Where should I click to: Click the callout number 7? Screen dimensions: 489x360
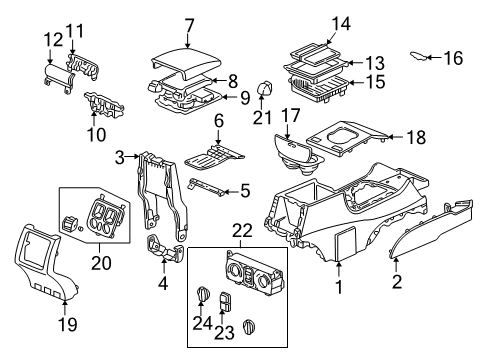pyautogui.click(x=189, y=26)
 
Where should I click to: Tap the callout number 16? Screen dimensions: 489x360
pyautogui.click(x=453, y=58)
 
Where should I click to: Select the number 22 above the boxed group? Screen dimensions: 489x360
pyautogui.click(x=242, y=230)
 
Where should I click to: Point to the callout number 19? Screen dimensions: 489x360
pyautogui.click(x=68, y=324)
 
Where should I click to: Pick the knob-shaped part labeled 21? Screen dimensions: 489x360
pyautogui.click(x=265, y=88)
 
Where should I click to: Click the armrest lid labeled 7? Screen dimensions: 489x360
pyautogui.click(x=187, y=63)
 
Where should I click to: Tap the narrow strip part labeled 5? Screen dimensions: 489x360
pyautogui.click(x=206, y=188)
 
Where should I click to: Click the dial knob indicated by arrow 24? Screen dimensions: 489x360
pyautogui.click(x=203, y=293)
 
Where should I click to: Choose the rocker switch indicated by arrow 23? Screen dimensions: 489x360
pyautogui.click(x=223, y=300)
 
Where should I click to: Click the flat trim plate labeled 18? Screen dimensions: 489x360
pyautogui.click(x=347, y=138)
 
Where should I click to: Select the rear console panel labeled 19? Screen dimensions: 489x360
pyautogui.click(x=46, y=262)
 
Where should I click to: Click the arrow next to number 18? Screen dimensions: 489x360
pyautogui.click(x=396, y=137)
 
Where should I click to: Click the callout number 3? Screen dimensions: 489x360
pyautogui.click(x=120, y=157)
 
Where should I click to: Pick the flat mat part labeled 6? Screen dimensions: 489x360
pyautogui.click(x=213, y=158)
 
